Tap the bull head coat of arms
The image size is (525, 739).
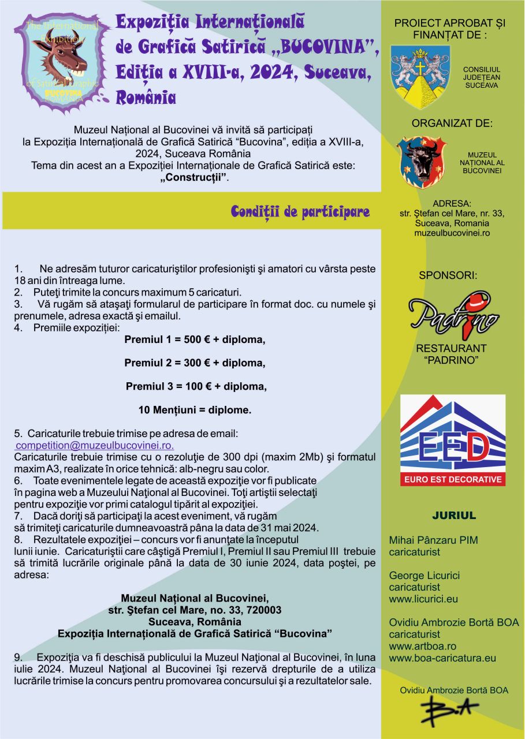click(x=422, y=162)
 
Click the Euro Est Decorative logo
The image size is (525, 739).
click(x=452, y=440)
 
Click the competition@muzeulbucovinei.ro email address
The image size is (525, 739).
click(x=95, y=446)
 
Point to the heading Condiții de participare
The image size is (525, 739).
click(x=300, y=212)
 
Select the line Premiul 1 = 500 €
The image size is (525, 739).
click(x=195, y=339)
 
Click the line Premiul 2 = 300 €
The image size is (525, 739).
click(x=195, y=363)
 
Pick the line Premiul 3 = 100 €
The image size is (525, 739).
click(x=196, y=386)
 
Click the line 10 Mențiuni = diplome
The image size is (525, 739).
click(x=195, y=410)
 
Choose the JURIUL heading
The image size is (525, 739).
click(x=453, y=515)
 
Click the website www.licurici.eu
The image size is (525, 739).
click(x=423, y=599)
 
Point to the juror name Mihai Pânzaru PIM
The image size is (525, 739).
click(x=433, y=540)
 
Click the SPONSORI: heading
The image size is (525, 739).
click(x=448, y=275)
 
